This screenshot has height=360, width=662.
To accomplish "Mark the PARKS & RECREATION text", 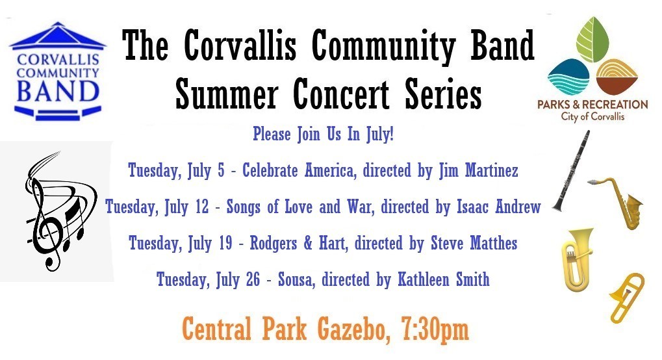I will pyautogui.click(x=591, y=104).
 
